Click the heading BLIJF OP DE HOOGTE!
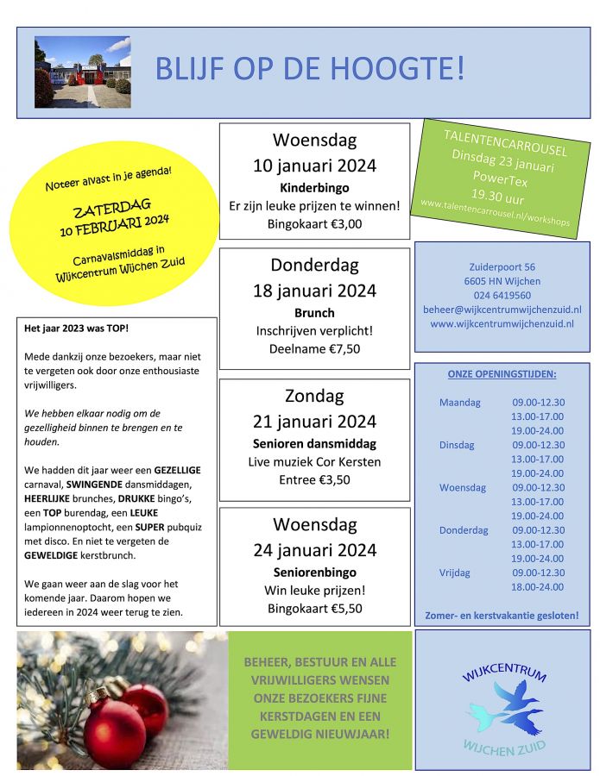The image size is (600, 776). coord(310,68)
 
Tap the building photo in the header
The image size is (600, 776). coord(82,72)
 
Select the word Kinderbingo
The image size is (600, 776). coord(313,186)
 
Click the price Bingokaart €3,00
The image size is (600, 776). coord(314,223)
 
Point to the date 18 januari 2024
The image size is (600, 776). coord(314,290)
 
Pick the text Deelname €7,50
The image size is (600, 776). coord(314,348)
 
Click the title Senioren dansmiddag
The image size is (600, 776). coord(314,443)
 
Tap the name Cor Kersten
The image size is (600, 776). coord(349,461)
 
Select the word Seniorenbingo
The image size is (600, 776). coord(314,572)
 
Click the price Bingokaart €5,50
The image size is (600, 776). coord(314,608)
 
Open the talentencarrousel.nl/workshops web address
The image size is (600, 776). coord(495,213)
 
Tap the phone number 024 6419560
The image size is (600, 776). coord(502,295)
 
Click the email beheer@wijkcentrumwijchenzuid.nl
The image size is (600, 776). coord(502,310)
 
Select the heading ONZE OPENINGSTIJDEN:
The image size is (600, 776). coord(502,374)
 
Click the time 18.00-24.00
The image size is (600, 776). coord(538,586)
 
